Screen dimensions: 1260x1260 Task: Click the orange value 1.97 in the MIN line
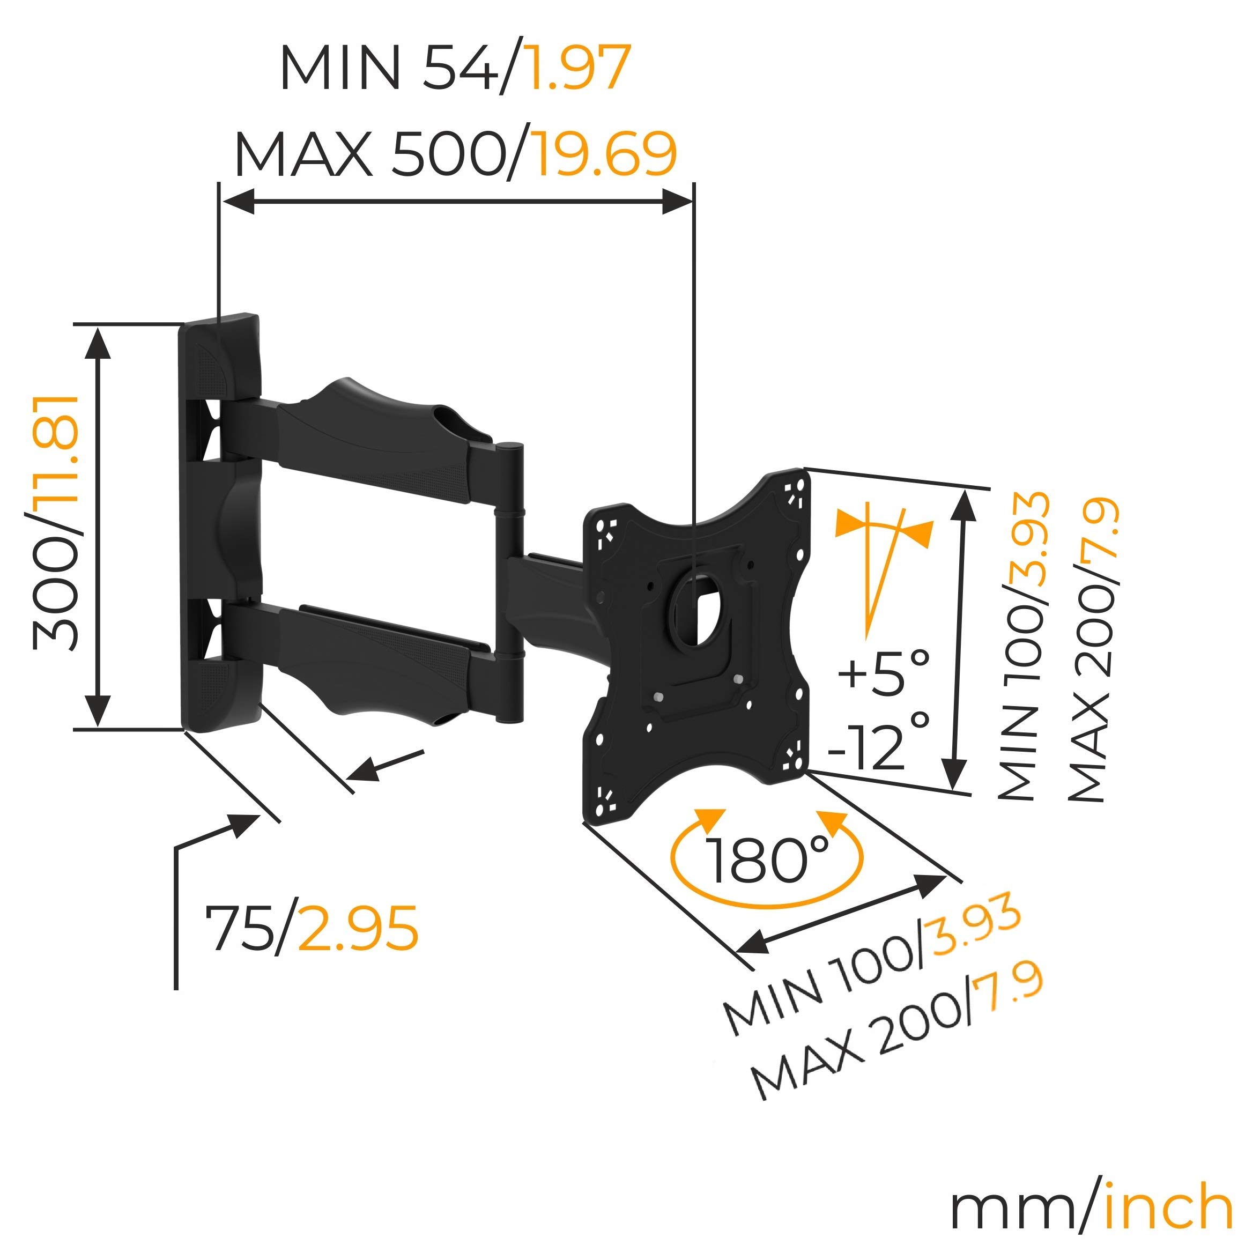point(578,69)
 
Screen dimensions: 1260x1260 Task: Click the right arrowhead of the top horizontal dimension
point(678,202)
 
